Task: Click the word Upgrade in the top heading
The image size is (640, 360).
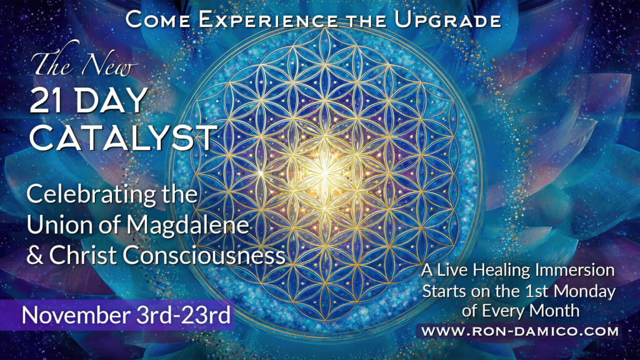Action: pyautogui.click(x=447, y=21)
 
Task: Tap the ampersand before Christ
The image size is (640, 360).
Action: pyautogui.click(x=36, y=255)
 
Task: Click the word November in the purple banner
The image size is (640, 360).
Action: pyautogui.click(x=76, y=315)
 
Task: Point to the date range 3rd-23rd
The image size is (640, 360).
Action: pyautogui.click(x=183, y=315)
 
